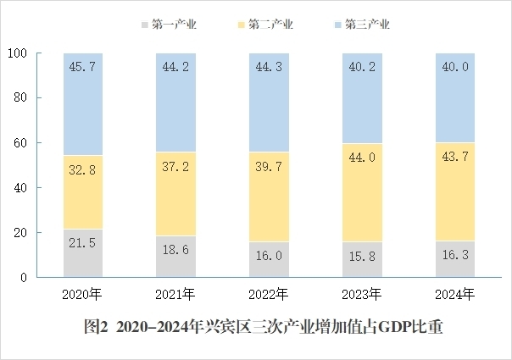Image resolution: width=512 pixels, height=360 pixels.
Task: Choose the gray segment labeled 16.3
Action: tap(455, 259)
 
